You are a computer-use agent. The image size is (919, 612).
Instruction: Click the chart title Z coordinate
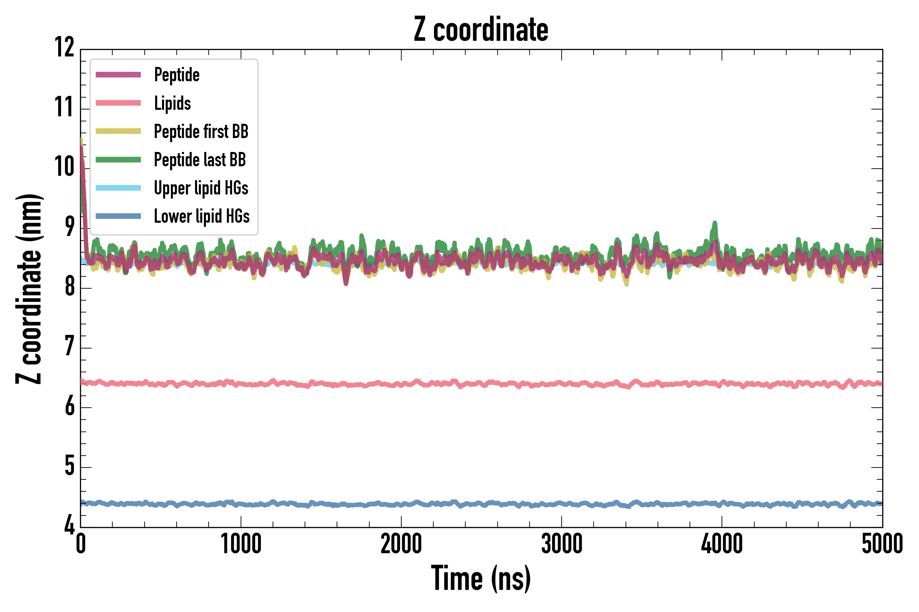point(481,29)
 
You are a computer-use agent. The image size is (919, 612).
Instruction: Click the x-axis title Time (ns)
point(481,579)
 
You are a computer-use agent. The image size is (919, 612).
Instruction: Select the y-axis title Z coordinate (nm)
point(29,289)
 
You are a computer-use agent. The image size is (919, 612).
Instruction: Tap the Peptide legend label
point(177,74)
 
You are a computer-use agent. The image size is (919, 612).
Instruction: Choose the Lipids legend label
point(172,103)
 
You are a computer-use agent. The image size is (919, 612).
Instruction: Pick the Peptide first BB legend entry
point(201,131)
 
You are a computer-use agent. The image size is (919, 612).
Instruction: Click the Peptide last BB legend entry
point(200,160)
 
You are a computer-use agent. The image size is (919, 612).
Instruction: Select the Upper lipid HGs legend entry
point(201,188)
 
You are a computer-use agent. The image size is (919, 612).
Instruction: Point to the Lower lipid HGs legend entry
point(201,216)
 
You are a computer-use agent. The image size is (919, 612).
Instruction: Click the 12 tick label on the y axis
point(64,48)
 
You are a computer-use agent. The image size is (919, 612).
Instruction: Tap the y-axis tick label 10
point(64,167)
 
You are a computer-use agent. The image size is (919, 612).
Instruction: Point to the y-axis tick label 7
point(69,346)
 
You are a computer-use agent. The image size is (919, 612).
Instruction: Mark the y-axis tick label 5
point(69,466)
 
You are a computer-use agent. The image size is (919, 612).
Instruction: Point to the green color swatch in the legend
point(118,160)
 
